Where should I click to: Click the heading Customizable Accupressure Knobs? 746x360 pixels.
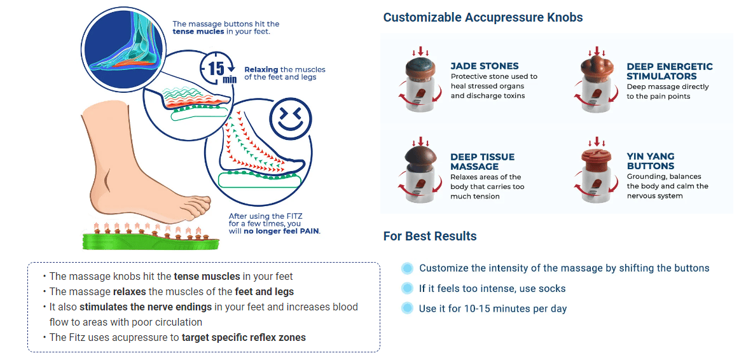click(x=483, y=18)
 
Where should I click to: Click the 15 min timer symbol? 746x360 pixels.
click(x=218, y=69)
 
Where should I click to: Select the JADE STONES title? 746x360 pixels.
click(x=485, y=66)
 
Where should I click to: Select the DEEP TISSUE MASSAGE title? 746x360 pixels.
click(x=483, y=162)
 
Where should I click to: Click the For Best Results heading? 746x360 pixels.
click(x=430, y=236)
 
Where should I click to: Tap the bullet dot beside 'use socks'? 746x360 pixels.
click(x=407, y=288)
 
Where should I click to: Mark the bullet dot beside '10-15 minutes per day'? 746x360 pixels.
click(x=407, y=308)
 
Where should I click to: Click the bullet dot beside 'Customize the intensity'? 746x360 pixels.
click(x=407, y=268)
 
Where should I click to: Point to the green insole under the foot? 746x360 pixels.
click(x=150, y=240)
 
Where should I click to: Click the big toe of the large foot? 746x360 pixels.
click(x=199, y=203)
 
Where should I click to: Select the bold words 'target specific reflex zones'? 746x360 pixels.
click(x=244, y=338)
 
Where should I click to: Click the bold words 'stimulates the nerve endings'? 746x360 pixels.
click(x=146, y=307)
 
